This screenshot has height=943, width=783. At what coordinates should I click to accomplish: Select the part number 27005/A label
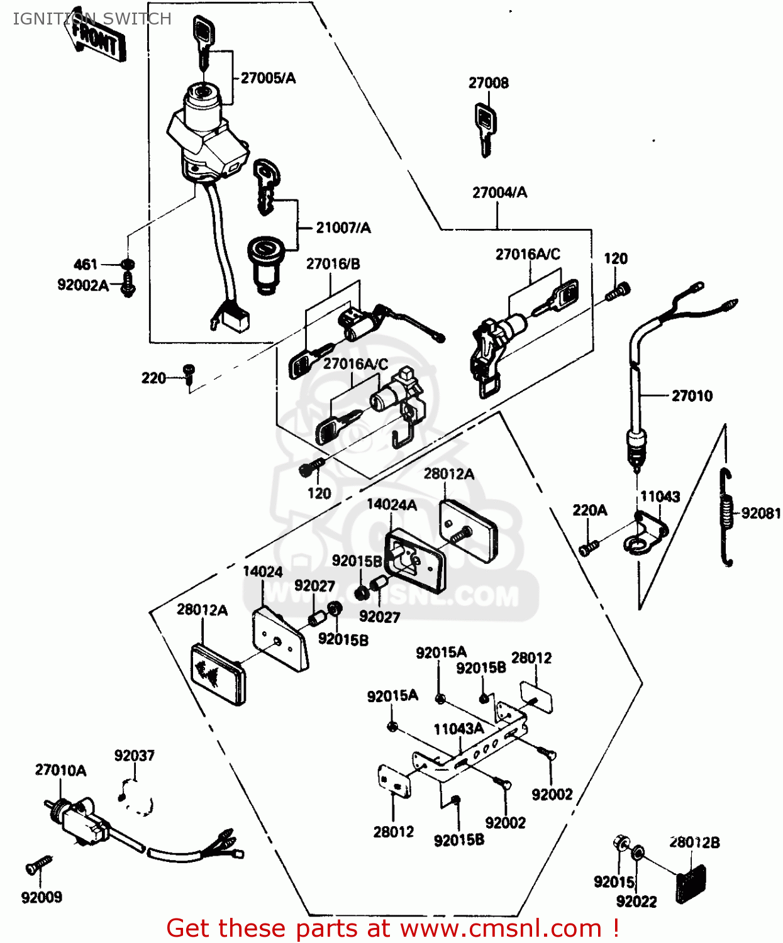pos(268,78)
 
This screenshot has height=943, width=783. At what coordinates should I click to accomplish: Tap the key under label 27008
pos(484,129)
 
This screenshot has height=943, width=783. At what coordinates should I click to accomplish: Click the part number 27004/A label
pos(499,192)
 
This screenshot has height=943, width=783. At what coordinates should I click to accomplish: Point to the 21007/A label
pos(343,228)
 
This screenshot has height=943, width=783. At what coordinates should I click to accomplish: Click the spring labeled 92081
pos(727,516)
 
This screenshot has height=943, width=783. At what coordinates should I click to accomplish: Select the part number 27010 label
pos(692,395)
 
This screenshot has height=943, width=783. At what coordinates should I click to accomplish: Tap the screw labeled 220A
pos(589,548)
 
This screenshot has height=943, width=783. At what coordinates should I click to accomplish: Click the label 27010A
pos(60,770)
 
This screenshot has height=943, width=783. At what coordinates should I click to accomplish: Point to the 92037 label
pos(134,755)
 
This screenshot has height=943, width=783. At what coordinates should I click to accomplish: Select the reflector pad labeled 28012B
pos(690,883)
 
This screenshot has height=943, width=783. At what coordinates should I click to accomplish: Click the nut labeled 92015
pos(621,842)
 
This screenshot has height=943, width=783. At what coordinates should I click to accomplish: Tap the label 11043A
pos(458,729)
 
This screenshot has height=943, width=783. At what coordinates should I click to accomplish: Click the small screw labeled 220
pos(189,372)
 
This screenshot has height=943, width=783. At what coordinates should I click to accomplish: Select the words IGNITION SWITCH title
pos(92,19)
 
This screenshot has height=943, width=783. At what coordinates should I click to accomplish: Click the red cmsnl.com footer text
pos(392,928)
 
